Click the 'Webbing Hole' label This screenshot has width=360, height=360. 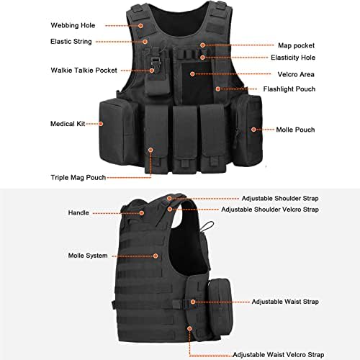(x=73, y=25)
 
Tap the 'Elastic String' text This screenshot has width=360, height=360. (x=72, y=42)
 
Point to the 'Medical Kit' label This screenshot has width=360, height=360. (x=67, y=124)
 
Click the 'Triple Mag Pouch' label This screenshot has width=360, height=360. (x=79, y=176)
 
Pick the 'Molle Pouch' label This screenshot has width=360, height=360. (x=296, y=130)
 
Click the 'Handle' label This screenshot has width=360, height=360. (x=78, y=213)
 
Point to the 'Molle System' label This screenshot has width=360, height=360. (x=88, y=255)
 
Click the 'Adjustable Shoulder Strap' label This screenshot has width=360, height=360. (x=280, y=198)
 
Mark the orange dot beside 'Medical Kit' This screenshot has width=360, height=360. (x=102, y=124)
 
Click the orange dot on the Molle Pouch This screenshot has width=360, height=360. (x=253, y=130)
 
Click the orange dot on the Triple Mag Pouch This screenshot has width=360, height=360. (x=151, y=150)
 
